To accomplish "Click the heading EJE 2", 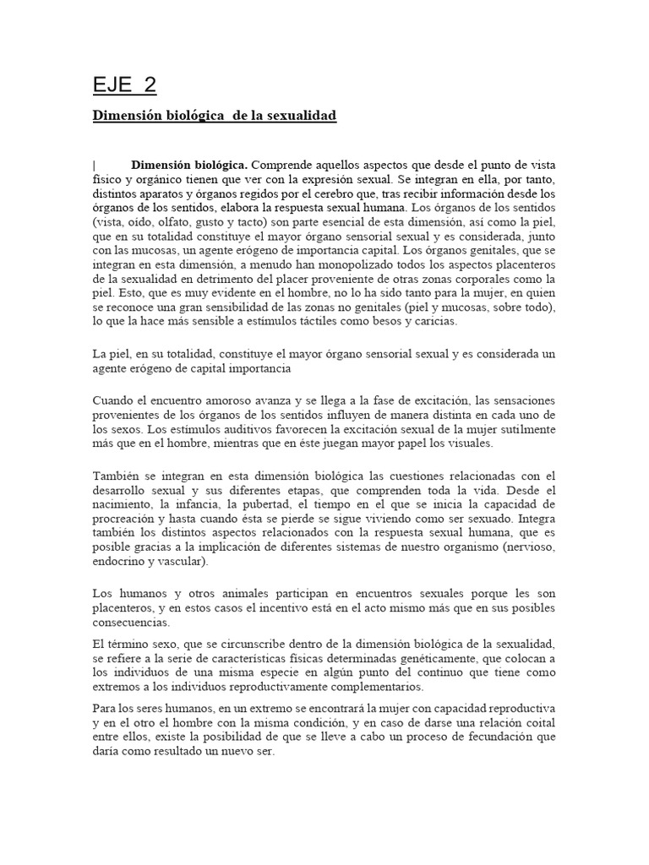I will pyautogui.click(x=124, y=85).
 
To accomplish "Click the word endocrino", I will pyautogui.click(x=123, y=564).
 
